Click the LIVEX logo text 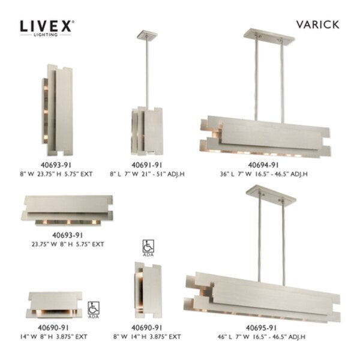(x=47, y=26)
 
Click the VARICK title (x=317, y=25)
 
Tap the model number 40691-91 (x=145, y=164)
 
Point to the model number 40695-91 (x=263, y=327)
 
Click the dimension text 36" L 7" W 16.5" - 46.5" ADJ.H (x=263, y=173)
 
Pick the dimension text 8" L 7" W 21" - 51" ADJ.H (x=145, y=173)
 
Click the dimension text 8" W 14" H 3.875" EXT (x=145, y=337)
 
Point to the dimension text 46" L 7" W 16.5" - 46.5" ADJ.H (x=263, y=337)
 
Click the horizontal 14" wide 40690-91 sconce (x=55, y=303)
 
